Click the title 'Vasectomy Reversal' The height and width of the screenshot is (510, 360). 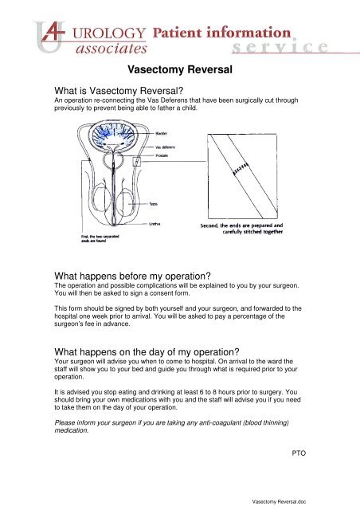click(x=180, y=69)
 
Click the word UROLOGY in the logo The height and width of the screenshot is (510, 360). click(x=109, y=33)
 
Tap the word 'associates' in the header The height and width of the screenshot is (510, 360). click(x=112, y=49)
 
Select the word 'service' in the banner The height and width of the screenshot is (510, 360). click(x=280, y=47)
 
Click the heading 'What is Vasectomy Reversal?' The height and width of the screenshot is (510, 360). click(x=119, y=91)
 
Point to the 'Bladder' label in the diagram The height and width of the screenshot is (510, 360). click(x=162, y=134)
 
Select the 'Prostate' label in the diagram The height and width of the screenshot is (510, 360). click(x=162, y=155)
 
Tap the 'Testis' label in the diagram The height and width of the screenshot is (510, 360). click(x=153, y=204)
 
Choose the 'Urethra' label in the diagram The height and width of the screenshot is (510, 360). click(x=155, y=224)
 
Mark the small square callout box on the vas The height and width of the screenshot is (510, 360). click(x=137, y=161)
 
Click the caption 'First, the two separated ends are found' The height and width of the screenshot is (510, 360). click(x=100, y=238)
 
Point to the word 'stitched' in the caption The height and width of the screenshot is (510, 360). click(x=252, y=232)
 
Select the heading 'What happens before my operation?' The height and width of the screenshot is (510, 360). click(x=132, y=277)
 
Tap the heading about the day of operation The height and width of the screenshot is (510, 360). click(x=147, y=352)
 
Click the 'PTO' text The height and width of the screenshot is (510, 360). click(x=299, y=453)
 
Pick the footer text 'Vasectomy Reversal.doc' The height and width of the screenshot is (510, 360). click(x=279, y=502)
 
